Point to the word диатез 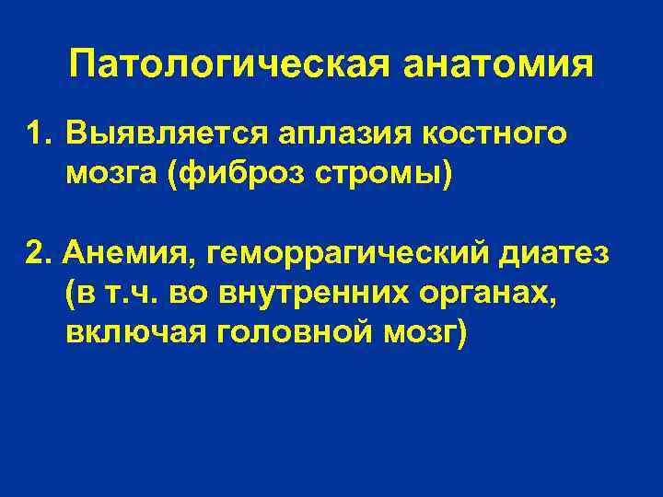pyautogui.click(x=562, y=253)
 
